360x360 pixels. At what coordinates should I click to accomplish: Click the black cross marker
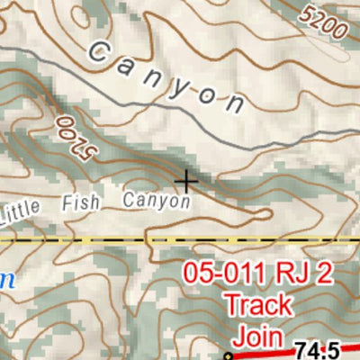point(186,182)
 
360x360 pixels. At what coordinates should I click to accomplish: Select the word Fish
point(86,202)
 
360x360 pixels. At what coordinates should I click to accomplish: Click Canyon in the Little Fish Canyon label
point(157,200)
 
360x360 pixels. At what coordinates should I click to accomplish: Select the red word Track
point(257,304)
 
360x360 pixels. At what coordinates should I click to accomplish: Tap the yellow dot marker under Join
point(229,356)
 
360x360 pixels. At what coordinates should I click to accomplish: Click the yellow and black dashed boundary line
point(90,241)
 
